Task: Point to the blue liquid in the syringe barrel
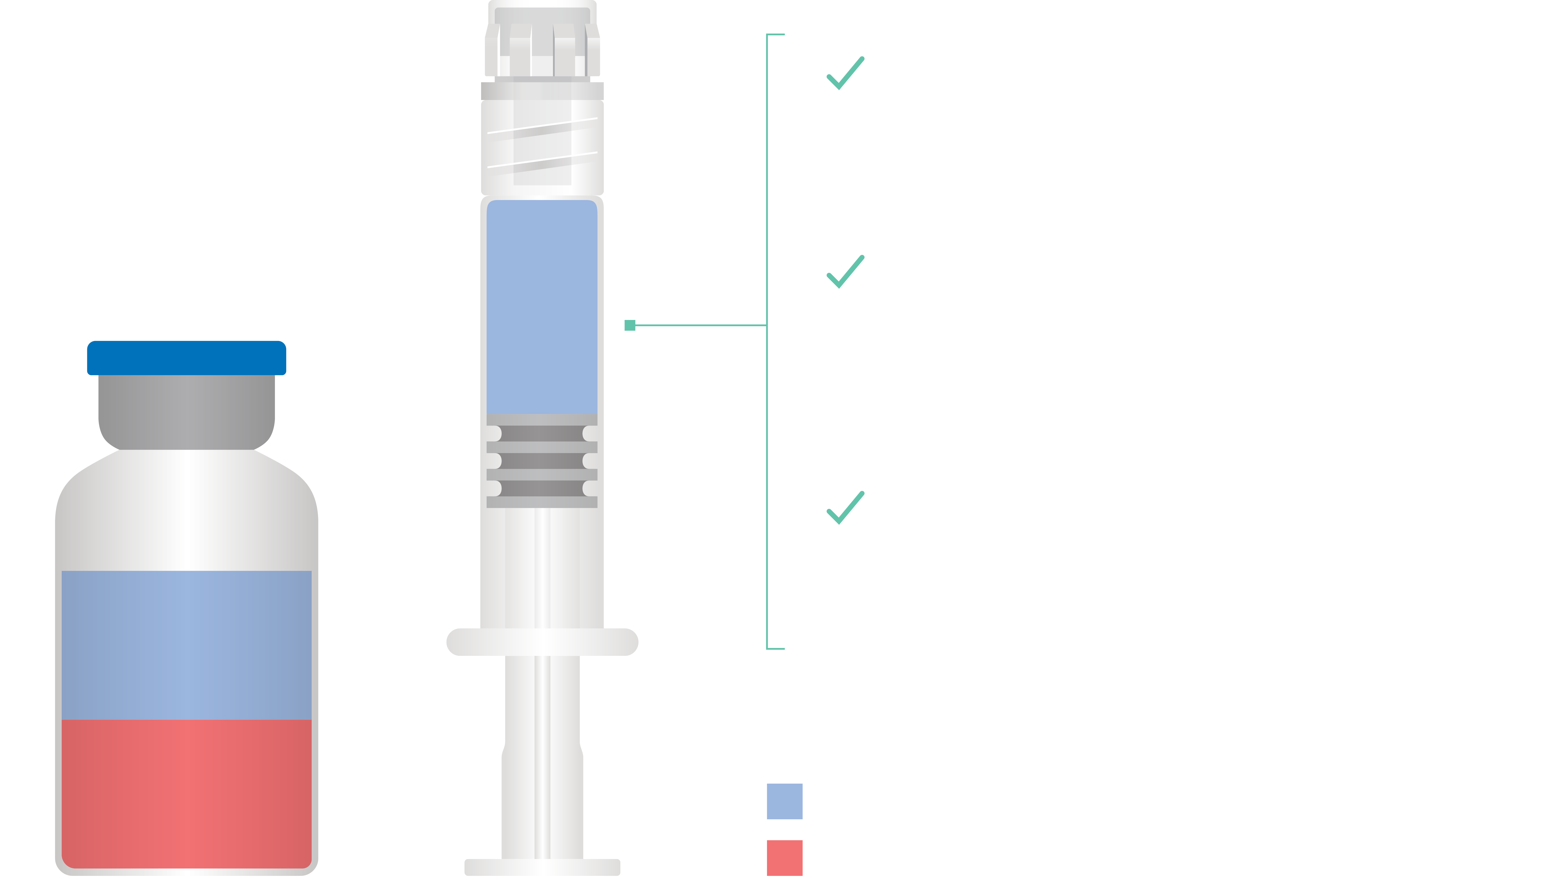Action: click(541, 306)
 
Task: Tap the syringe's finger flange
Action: click(541, 642)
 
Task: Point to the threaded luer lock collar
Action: click(541, 146)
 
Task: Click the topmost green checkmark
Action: click(845, 73)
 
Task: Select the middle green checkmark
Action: click(845, 272)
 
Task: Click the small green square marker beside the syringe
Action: click(629, 325)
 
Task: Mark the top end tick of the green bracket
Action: click(776, 35)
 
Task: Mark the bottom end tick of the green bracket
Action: click(776, 649)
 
